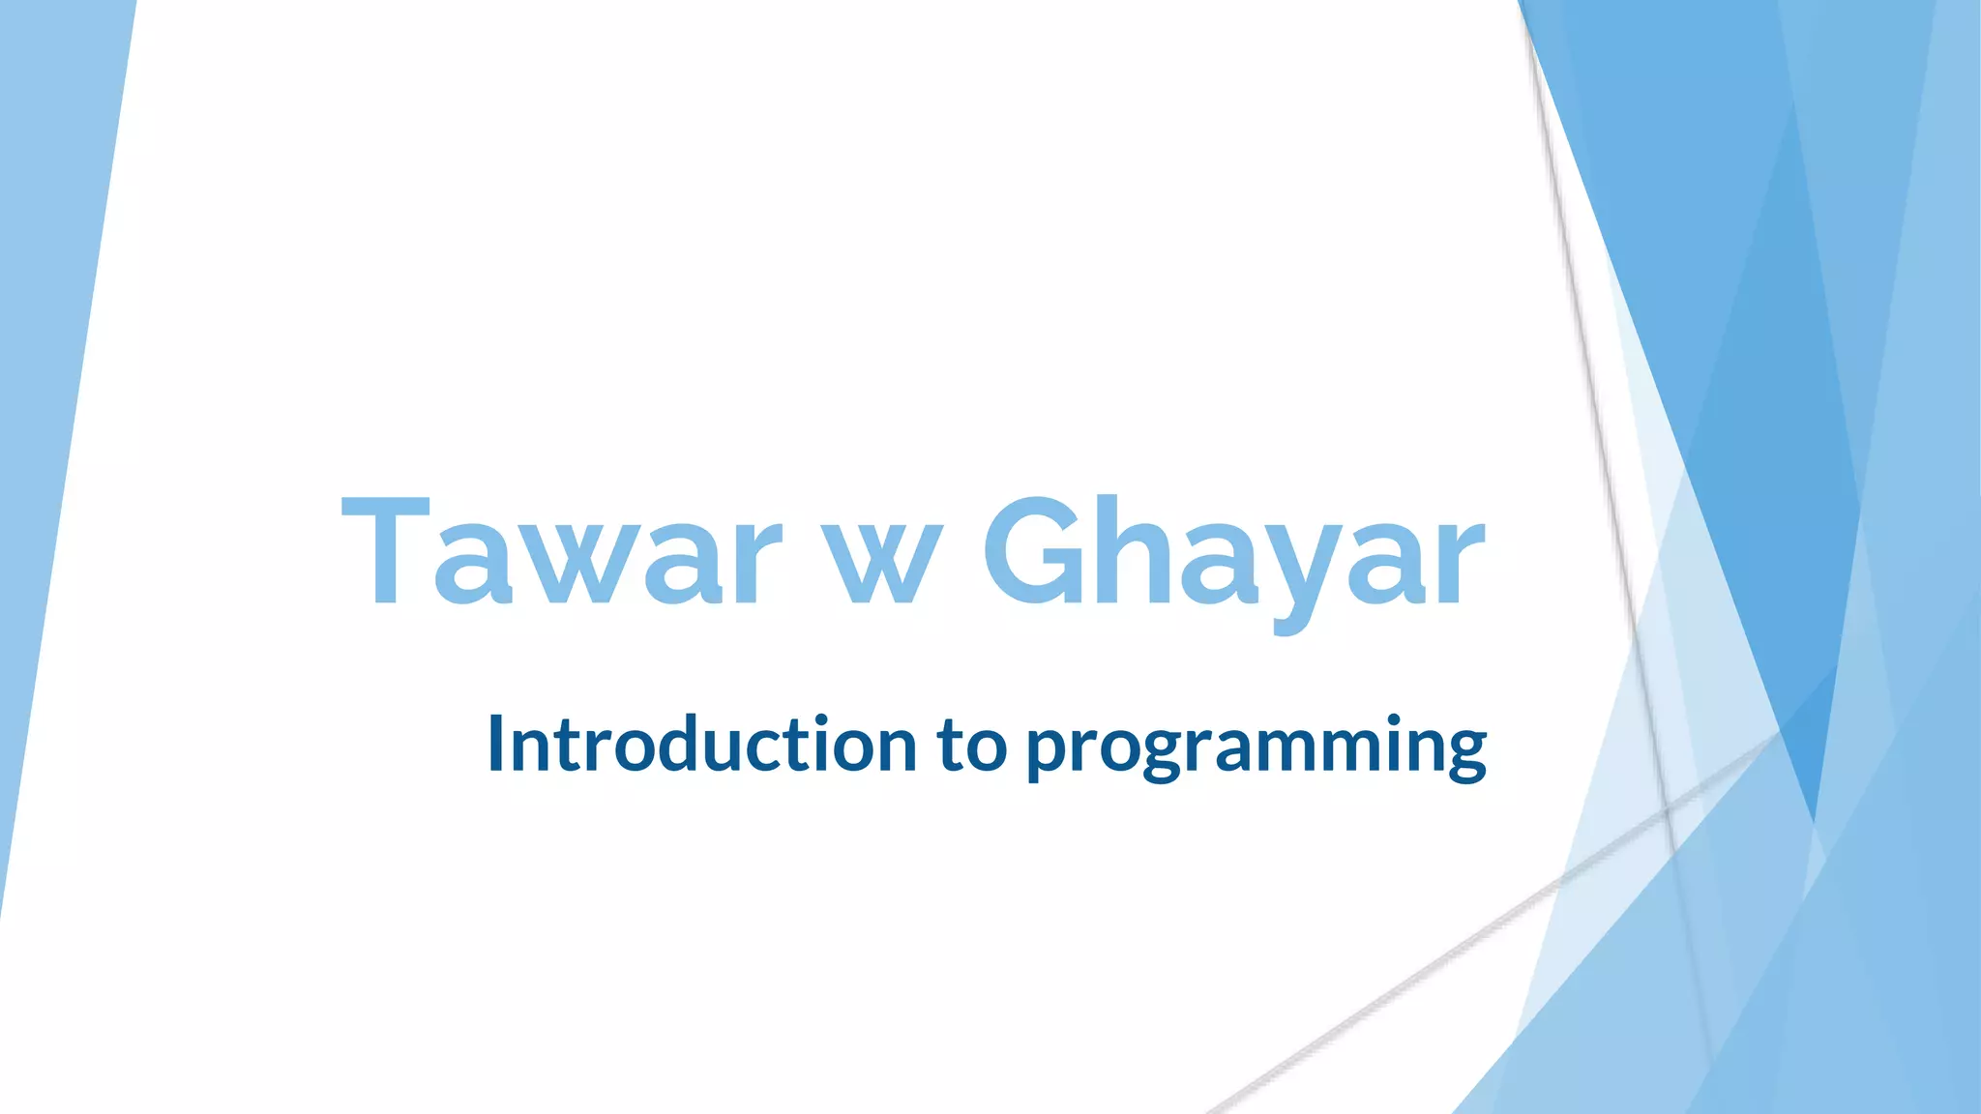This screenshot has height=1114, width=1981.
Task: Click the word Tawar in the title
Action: click(561, 553)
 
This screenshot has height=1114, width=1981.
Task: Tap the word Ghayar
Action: click(1233, 556)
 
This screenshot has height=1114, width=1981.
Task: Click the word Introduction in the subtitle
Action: click(701, 745)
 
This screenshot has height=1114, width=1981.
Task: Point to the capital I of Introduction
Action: click(496, 743)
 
